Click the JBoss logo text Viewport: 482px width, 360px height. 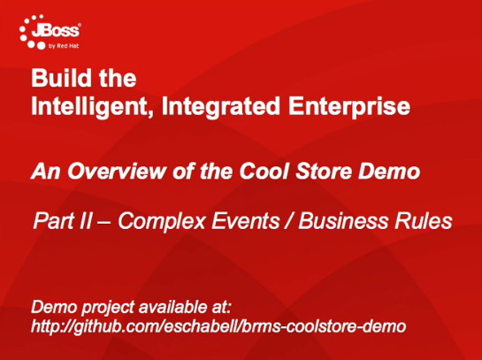(x=56, y=31)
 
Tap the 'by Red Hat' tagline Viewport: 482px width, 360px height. (x=64, y=46)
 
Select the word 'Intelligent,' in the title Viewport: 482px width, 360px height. (x=92, y=106)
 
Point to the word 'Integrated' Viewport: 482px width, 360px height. (x=221, y=106)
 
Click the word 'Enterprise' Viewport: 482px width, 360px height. (x=349, y=106)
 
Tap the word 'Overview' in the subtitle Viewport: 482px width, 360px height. (x=117, y=172)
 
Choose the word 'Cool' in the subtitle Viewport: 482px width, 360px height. (x=264, y=172)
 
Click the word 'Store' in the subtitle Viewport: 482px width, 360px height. (x=324, y=172)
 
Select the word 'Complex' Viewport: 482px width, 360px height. (x=162, y=222)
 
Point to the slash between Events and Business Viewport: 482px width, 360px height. (x=289, y=221)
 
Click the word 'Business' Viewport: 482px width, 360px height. (x=343, y=221)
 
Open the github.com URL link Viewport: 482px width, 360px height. (x=218, y=326)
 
